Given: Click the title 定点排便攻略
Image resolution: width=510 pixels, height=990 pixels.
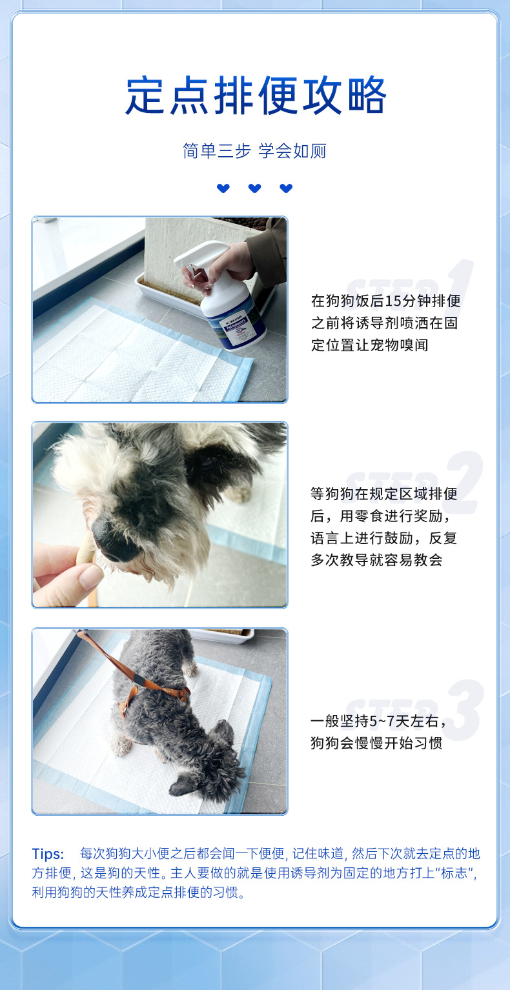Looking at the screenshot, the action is (256, 95).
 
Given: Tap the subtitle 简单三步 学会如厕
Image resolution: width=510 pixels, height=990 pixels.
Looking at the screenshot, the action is (254, 151).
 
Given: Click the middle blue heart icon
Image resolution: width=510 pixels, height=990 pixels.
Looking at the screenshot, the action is (254, 188).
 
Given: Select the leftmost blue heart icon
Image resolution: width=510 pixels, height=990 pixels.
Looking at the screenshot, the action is (223, 188).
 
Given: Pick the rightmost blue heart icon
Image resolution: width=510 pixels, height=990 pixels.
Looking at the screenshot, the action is (286, 188).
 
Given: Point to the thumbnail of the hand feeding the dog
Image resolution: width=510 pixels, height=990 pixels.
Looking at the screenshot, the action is (159, 515).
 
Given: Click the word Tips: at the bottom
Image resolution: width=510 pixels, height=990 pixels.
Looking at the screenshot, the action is (48, 854).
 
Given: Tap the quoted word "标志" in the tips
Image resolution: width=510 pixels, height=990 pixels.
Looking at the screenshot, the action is (454, 873).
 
